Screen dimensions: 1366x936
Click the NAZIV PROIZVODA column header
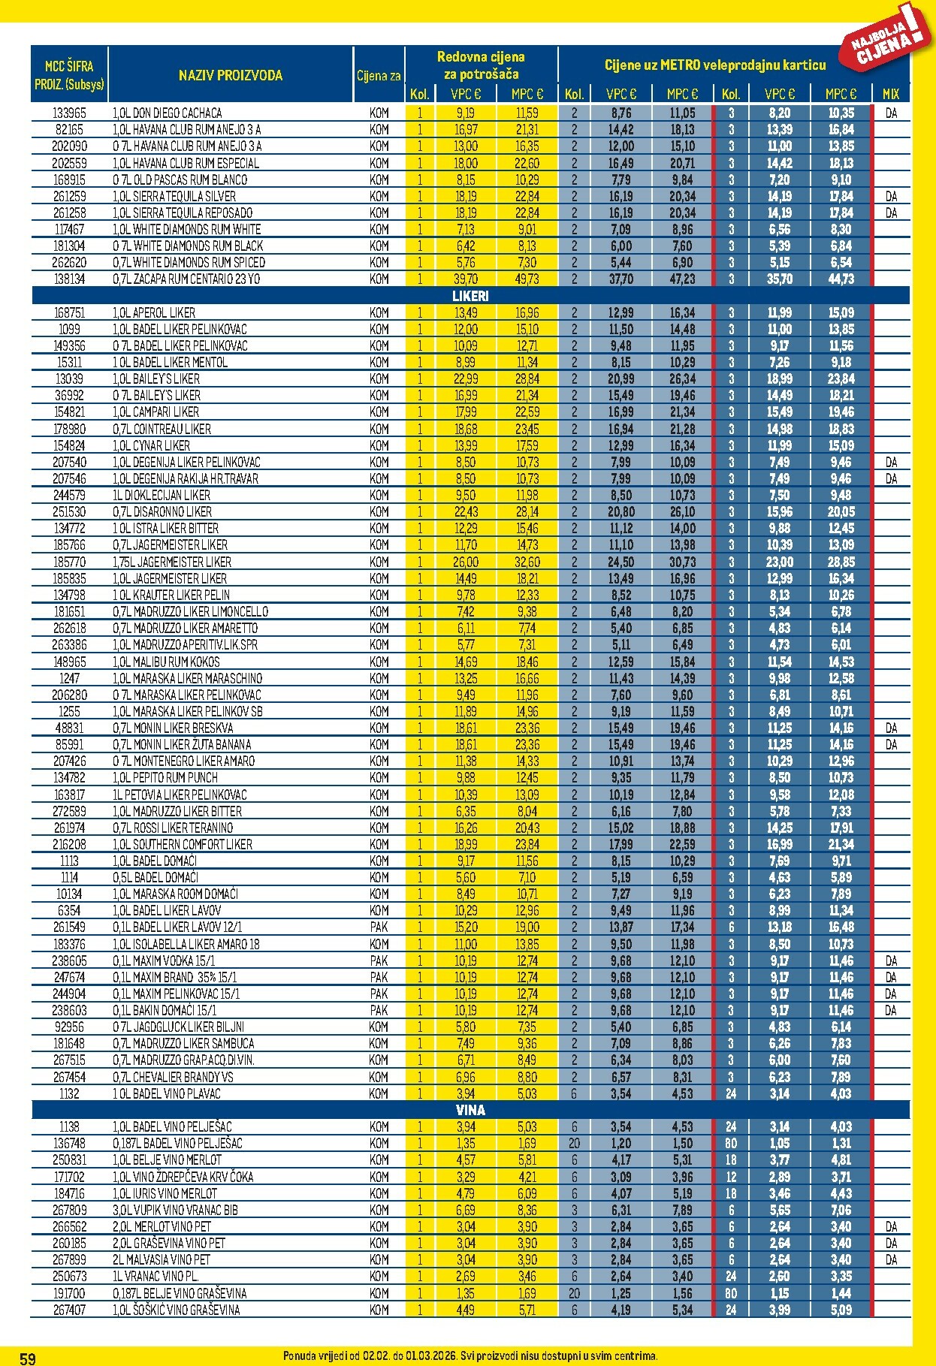(x=230, y=75)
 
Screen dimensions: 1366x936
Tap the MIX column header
(x=890, y=94)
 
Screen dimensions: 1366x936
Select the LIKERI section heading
(x=470, y=296)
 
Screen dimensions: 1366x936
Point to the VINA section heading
(x=470, y=1110)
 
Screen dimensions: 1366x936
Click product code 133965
(x=69, y=113)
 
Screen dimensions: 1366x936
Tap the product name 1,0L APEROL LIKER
(x=154, y=312)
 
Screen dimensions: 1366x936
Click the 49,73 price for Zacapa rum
(x=527, y=279)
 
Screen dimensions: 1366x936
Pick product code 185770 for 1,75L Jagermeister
(x=69, y=562)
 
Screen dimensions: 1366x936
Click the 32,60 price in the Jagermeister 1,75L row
(x=527, y=562)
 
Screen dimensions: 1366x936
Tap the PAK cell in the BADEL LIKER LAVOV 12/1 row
(x=379, y=927)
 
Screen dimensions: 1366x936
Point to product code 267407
(x=69, y=1310)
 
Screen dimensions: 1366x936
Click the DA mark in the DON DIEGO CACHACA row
(x=891, y=113)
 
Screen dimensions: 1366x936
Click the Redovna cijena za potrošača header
(x=481, y=65)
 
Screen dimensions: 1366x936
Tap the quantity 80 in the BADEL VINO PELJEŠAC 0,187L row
(x=730, y=1143)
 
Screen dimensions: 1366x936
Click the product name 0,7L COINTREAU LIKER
(x=162, y=429)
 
